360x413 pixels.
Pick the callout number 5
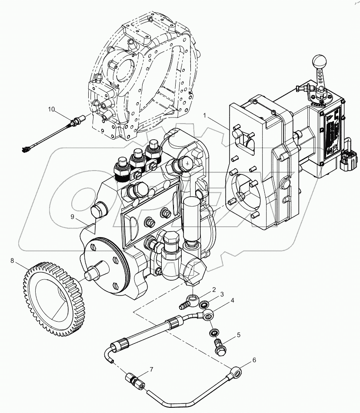[238, 335]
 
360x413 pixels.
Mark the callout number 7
[151, 370]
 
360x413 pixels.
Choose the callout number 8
[13, 261]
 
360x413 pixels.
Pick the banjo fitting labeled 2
[190, 300]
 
